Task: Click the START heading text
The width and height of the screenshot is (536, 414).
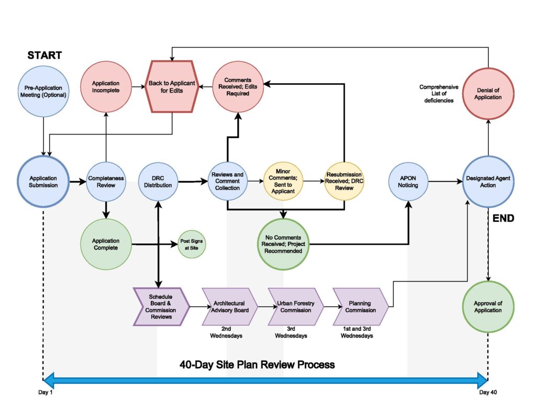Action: pyautogui.click(x=44, y=55)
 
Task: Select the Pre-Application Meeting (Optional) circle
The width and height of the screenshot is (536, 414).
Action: pyautogui.click(x=43, y=91)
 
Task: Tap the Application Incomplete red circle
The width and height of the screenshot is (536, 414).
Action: pyautogui.click(x=106, y=87)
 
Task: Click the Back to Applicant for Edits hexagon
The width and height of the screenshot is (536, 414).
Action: pyautogui.click(x=172, y=87)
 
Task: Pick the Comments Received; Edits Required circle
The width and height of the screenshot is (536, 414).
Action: pyautogui.click(x=238, y=87)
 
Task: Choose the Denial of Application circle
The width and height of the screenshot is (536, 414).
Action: pyautogui.click(x=488, y=94)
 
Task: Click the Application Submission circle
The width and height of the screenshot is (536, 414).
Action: pyautogui.click(x=43, y=182)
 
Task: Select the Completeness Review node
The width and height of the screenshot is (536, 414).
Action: pyautogui.click(x=106, y=182)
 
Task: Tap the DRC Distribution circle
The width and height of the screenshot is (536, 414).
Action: pyautogui.click(x=158, y=182)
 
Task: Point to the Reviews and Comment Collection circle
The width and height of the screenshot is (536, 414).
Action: pyautogui.click(x=227, y=182)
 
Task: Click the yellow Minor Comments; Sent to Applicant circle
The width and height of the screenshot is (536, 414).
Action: pyautogui.click(x=283, y=182)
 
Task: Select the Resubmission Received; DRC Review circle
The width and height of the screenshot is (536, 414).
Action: pyautogui.click(x=344, y=181)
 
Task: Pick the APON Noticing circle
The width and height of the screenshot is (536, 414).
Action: pyautogui.click(x=408, y=182)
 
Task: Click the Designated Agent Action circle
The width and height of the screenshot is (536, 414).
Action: pyautogui.click(x=488, y=182)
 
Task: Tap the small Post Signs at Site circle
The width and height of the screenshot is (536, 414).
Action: pyautogui.click(x=191, y=244)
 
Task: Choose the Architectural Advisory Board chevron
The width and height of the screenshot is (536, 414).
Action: pyautogui.click(x=228, y=307)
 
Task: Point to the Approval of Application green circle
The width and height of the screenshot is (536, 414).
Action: pyautogui.click(x=488, y=307)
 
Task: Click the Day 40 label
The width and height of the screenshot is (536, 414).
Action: pyautogui.click(x=488, y=393)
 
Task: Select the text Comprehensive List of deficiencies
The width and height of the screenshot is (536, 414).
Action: pyautogui.click(x=439, y=94)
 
